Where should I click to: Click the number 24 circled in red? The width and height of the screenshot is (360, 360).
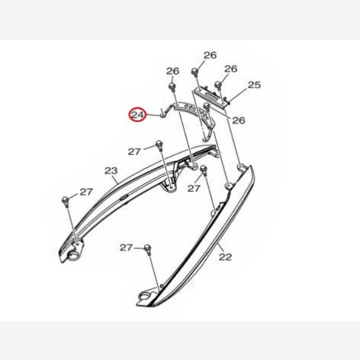(137, 115)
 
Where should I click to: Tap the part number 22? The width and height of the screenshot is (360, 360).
(225, 257)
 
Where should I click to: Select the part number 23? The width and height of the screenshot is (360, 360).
(111, 170)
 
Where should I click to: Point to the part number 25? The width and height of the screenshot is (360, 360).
(254, 85)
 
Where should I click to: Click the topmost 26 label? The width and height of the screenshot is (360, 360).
(210, 55)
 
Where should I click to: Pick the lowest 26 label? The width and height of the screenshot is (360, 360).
(239, 120)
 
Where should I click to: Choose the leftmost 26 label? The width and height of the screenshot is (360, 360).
(173, 71)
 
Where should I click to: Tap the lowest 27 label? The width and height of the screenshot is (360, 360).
(126, 248)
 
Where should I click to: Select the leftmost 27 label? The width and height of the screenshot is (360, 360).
(86, 192)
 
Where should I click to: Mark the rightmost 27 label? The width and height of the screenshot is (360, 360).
(194, 188)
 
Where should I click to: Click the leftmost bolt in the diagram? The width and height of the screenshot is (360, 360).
(65, 201)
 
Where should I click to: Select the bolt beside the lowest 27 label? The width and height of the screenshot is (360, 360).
(148, 249)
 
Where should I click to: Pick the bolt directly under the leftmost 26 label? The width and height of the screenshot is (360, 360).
(172, 87)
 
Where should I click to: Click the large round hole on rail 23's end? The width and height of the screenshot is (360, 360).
(74, 256)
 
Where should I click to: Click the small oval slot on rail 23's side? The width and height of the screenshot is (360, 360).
(124, 197)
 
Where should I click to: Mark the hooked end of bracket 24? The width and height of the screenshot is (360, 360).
(163, 113)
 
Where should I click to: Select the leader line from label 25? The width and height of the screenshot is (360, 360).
(238, 95)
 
